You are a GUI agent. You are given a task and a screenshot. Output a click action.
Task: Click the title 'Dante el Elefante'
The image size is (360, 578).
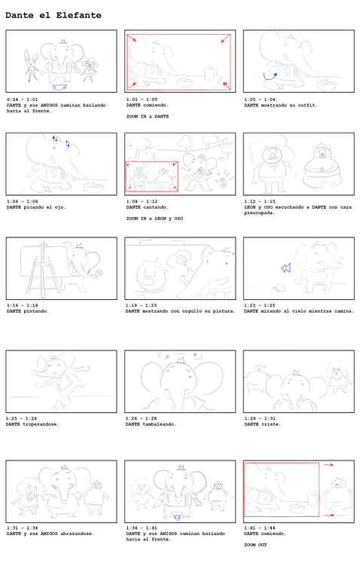(x=53, y=15)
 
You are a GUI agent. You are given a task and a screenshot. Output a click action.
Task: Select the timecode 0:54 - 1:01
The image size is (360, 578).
(x=23, y=99)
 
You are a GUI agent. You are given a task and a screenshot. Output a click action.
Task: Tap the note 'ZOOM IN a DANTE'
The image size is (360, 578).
(x=147, y=117)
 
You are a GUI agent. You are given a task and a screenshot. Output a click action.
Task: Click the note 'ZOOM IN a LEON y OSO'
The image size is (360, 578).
(x=154, y=219)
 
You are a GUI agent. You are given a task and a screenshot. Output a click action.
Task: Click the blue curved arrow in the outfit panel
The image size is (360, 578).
(x=270, y=75)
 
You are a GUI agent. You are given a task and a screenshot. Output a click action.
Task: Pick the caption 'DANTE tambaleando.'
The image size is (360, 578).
(x=151, y=424)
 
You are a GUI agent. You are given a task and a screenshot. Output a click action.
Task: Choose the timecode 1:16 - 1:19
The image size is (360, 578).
(x=23, y=305)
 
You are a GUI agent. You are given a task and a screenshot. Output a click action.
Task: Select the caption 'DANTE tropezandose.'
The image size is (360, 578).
(x=32, y=424)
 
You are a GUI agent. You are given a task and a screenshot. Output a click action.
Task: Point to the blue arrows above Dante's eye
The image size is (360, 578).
(x=59, y=141)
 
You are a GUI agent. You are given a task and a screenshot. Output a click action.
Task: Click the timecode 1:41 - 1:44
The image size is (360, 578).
(x=260, y=528)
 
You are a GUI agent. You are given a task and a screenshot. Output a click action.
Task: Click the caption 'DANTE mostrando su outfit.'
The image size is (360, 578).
(x=280, y=106)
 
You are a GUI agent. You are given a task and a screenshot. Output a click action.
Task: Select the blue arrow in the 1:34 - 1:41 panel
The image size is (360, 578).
(x=178, y=517)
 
